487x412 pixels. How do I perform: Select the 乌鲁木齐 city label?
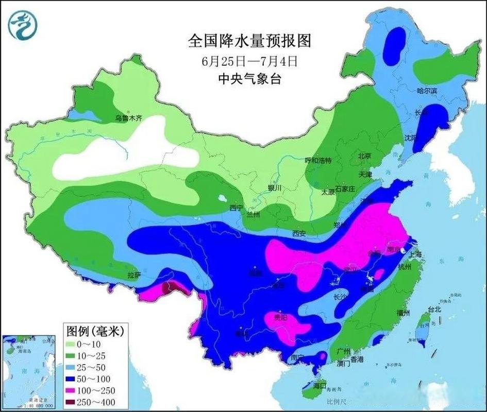click(128, 118)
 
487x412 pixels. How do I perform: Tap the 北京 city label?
click(365, 156)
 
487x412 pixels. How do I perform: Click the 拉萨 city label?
click(135, 275)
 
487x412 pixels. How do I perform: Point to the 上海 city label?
click(415, 254)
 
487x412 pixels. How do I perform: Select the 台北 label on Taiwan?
click(434, 310)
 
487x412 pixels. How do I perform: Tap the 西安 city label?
click(299, 233)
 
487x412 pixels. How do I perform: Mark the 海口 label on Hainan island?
click(320, 385)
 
